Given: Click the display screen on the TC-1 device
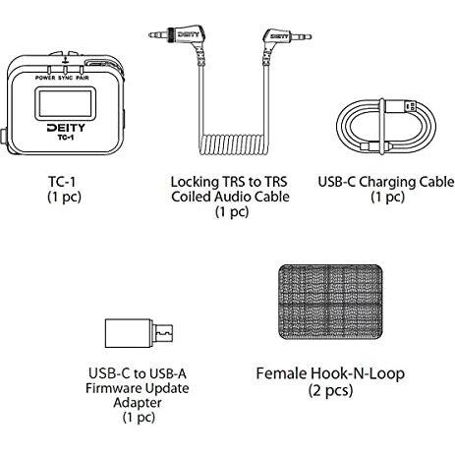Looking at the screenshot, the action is click(x=65, y=103).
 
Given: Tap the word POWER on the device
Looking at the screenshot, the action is click(x=45, y=78).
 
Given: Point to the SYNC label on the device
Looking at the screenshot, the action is click(x=66, y=78).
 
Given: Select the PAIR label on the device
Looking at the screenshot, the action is click(x=83, y=78).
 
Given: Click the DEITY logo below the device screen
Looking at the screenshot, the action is click(x=66, y=128).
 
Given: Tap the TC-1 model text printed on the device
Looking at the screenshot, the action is click(x=66, y=138).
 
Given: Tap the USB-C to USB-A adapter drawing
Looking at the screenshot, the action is click(x=139, y=333).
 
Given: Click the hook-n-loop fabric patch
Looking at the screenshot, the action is click(x=330, y=302).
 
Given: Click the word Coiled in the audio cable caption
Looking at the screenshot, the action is click(x=191, y=197).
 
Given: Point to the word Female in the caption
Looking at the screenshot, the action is click(x=281, y=373).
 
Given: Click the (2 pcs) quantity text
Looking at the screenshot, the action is click(x=330, y=390).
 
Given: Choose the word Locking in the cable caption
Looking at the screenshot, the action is click(x=195, y=182).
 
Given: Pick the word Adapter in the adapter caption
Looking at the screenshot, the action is click(x=138, y=403).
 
